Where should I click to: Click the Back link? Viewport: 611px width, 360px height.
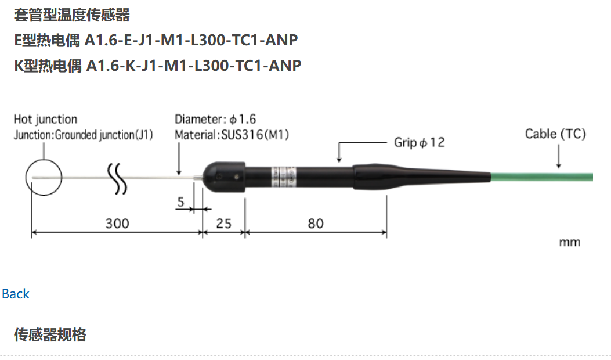coord(16,294)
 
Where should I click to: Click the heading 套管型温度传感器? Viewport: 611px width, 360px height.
coord(72,15)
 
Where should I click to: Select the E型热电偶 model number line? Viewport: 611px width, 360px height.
coord(156,40)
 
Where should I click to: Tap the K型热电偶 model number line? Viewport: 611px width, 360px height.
coord(158,65)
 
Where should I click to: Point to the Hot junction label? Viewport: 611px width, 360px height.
coord(45,120)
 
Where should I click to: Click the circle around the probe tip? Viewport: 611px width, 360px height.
coord(44,177)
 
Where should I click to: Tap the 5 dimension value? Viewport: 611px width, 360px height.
coord(180,203)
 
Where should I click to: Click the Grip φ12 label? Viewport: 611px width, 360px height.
coord(419,142)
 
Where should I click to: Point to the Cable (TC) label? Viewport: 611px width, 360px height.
coord(555,134)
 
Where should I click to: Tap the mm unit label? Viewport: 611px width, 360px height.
coord(569,242)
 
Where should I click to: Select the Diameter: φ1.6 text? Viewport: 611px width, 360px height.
coord(215,120)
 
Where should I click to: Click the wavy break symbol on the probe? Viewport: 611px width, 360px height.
coord(118,177)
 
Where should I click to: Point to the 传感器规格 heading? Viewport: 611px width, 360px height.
coord(50,335)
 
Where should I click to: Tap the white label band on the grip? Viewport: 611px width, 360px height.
coord(284,175)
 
